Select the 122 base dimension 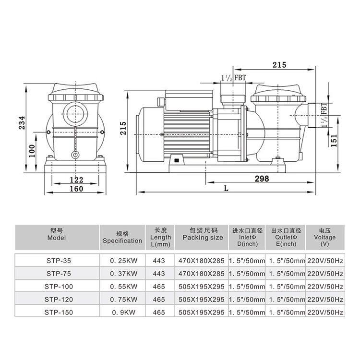coord(76,180)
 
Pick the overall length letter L coord(226,189)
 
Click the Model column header coord(57,234)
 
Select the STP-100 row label coord(57,286)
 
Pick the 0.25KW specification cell coord(122,260)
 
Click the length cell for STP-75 coord(158,273)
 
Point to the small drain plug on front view coord(74,155)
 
